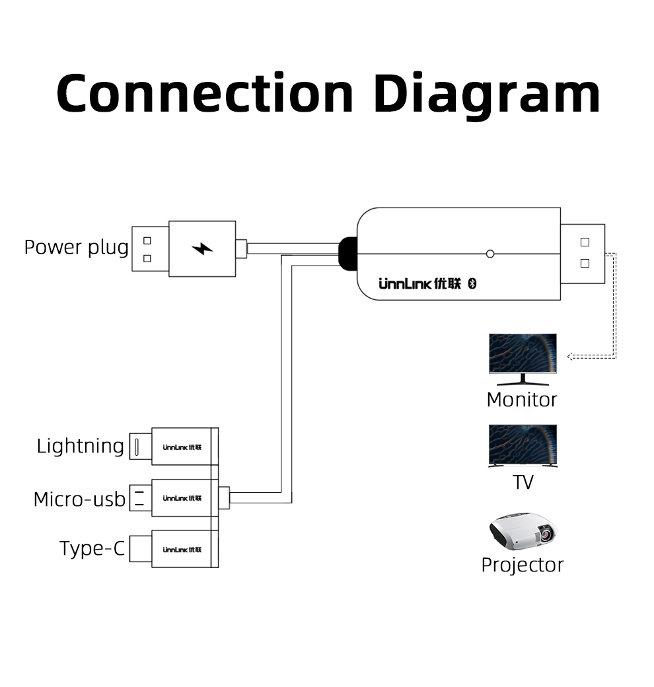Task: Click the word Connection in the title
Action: [x=205, y=94]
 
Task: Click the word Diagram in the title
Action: [x=487, y=94]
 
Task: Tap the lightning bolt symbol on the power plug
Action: [x=202, y=249]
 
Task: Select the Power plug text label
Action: [x=76, y=247]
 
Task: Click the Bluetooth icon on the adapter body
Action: [x=472, y=283]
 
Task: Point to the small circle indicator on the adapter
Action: [x=490, y=254]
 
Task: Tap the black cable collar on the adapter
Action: [x=347, y=254]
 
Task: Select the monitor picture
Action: [x=523, y=359]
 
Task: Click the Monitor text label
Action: [x=521, y=400]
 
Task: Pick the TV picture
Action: [x=523, y=446]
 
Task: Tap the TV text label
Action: [x=523, y=482]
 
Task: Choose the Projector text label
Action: [x=522, y=565]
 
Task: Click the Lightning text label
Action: [x=80, y=446]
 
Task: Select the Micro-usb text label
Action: [x=79, y=499]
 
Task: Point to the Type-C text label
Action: [x=92, y=548]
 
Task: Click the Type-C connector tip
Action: [x=140, y=549]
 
